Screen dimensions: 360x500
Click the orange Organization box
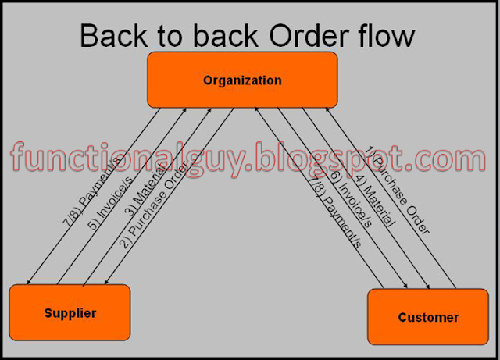[242, 80]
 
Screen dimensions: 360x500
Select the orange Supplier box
[70, 313]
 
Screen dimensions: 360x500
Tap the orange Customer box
[428, 317]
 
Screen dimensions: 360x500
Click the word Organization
[242, 80]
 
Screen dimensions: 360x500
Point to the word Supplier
[70, 313]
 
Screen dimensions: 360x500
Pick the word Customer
[428, 317]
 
